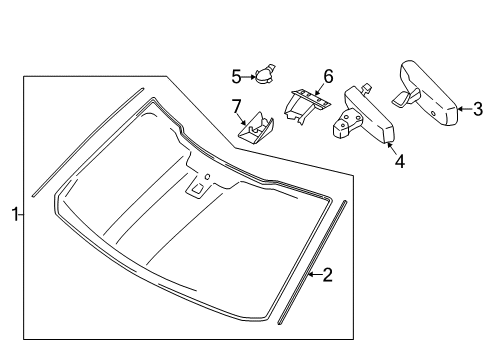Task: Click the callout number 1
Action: click(x=15, y=212)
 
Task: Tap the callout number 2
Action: click(x=327, y=275)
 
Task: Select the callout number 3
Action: click(x=477, y=109)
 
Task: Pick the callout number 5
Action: click(x=237, y=75)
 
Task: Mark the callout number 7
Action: click(x=237, y=106)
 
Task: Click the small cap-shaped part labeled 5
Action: click(x=265, y=73)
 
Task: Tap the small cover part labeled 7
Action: click(x=256, y=126)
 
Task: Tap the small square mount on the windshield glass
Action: click(x=199, y=187)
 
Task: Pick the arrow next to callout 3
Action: click(x=464, y=109)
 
